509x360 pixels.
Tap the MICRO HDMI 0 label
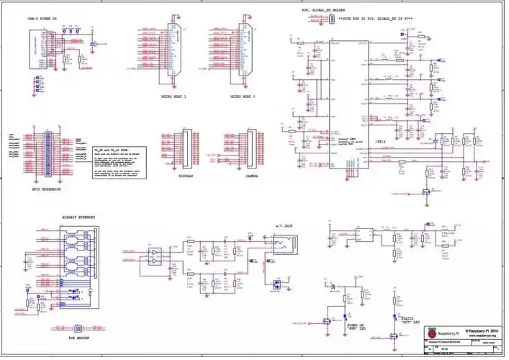[243, 96]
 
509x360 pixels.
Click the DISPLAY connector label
[188, 175]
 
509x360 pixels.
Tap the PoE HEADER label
[78, 336]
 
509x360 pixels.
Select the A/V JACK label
[284, 226]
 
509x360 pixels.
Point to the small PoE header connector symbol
[78, 323]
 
